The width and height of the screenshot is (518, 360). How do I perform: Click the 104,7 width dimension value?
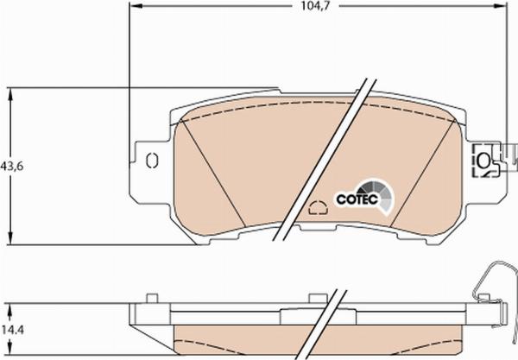click(x=315, y=6)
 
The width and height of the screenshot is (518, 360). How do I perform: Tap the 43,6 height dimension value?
click(x=12, y=166)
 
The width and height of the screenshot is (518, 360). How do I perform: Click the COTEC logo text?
click(x=357, y=199)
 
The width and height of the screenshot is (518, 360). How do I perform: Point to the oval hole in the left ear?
click(x=152, y=161)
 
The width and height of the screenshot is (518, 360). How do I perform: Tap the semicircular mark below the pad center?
click(x=318, y=207)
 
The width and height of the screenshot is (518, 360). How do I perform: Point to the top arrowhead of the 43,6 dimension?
click(x=11, y=94)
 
